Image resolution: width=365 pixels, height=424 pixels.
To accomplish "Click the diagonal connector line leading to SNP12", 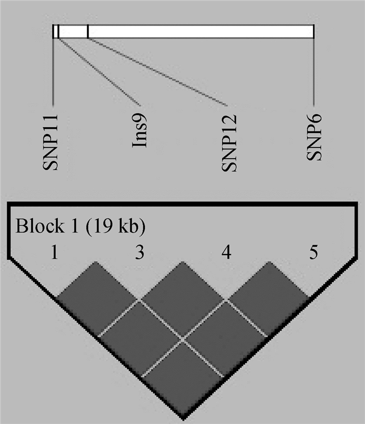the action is tap(156, 70).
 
